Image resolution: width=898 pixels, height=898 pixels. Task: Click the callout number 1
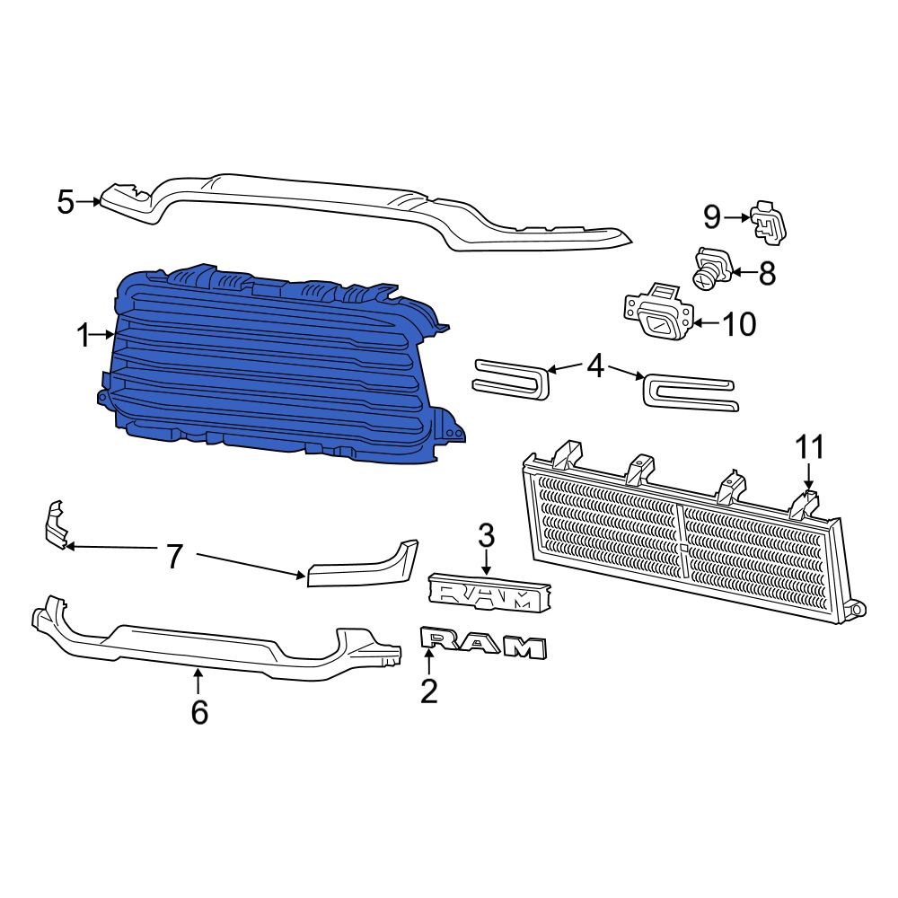pos(83,337)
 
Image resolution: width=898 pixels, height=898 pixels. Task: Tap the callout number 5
pos(66,202)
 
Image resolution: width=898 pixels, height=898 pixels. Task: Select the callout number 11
pos(808,447)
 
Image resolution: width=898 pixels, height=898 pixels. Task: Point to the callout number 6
pos(199,711)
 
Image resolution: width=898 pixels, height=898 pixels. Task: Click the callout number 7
pos(174,557)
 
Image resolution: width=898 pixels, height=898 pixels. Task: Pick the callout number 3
pos(486,537)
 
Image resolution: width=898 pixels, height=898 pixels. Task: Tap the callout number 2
pos(429,691)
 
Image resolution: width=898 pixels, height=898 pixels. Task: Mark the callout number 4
pos(596,366)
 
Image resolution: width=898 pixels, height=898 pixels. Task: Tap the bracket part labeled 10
pos(659,314)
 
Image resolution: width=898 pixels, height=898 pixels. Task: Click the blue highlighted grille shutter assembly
pos(269,368)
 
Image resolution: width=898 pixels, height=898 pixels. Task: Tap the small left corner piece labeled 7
pos(55,524)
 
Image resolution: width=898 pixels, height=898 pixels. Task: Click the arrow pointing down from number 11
pos(808,476)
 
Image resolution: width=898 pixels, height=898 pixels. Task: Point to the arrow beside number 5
pos(90,202)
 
